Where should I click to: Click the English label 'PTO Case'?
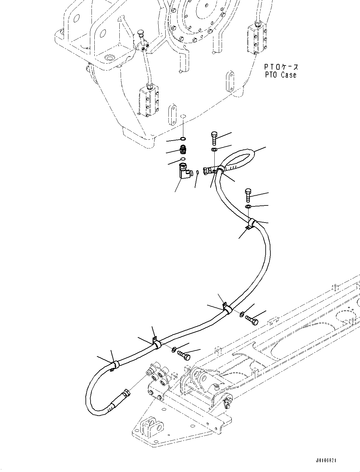tap(281, 75)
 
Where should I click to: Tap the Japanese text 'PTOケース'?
tap(281, 67)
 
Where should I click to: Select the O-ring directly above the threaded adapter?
tap(183, 139)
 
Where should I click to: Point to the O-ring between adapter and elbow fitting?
tap(183, 158)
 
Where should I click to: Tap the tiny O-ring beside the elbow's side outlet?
tap(197, 172)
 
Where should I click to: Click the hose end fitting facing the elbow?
tap(209, 170)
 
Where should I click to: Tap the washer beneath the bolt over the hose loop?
tap(214, 149)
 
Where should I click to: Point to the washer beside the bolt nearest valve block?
tap(174, 349)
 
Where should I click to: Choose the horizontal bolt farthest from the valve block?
tap(252, 320)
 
